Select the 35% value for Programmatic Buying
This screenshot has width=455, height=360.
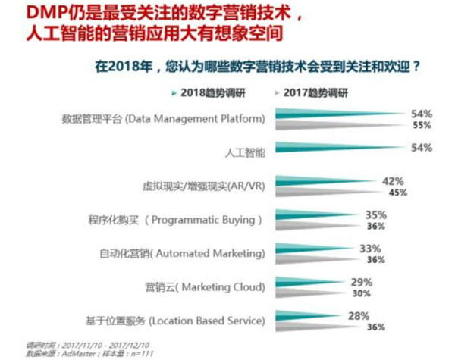(x=376, y=214)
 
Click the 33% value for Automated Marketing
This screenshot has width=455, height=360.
(x=369, y=248)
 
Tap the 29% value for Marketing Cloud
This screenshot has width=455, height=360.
(x=362, y=282)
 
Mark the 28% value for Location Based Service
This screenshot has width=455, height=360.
(x=358, y=315)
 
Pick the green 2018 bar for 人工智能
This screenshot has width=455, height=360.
(x=341, y=148)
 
